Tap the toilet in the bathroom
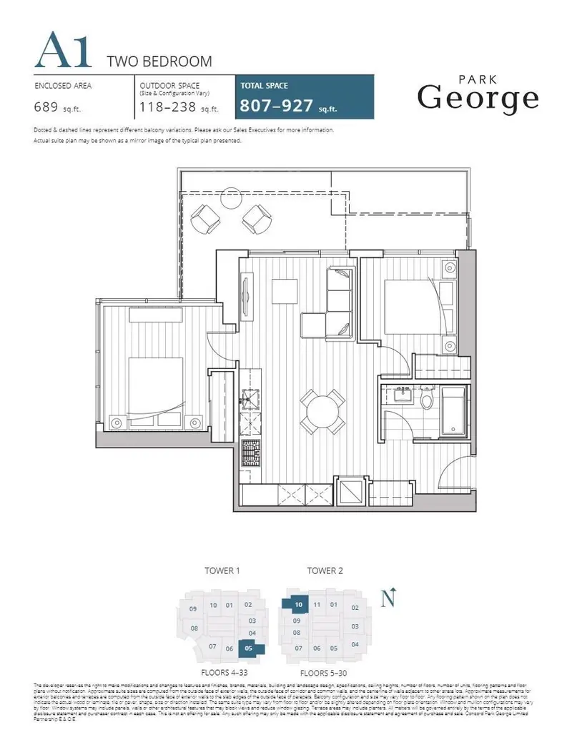click(428, 398)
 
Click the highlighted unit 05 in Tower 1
click(250, 648)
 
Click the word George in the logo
click(478, 97)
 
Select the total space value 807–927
click(276, 107)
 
